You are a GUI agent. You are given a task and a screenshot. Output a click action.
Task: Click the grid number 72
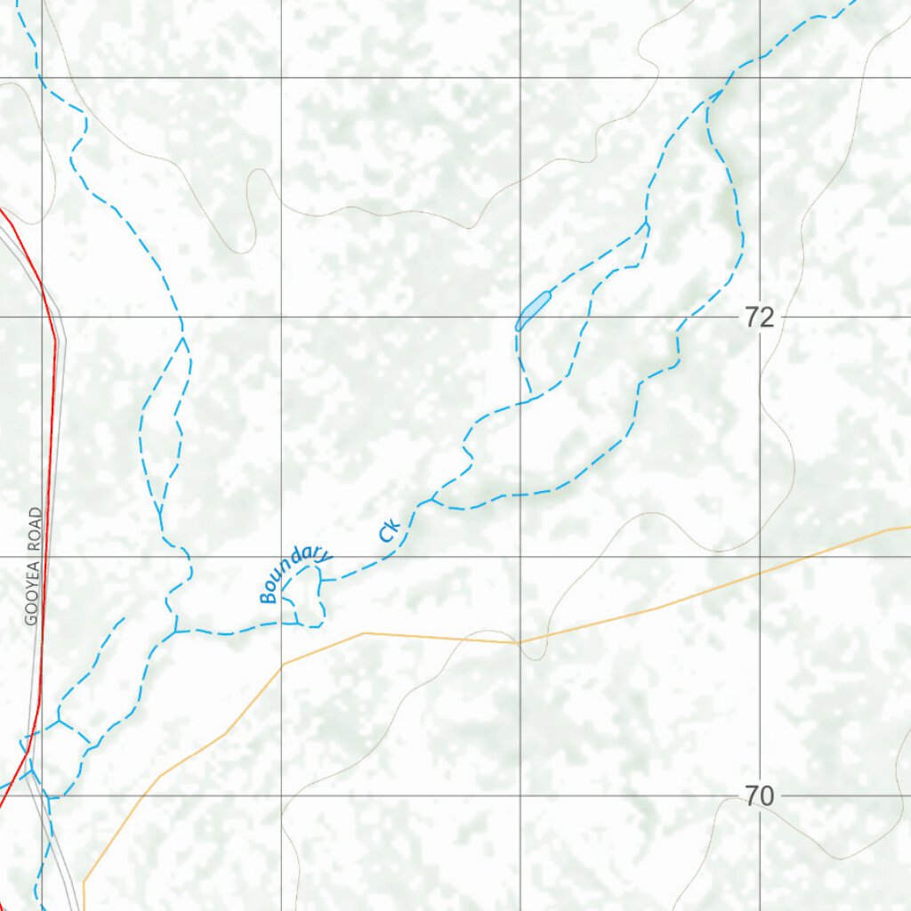(760, 318)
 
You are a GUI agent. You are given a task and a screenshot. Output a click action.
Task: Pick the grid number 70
(760, 797)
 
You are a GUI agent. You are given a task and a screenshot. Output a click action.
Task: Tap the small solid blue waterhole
(531, 310)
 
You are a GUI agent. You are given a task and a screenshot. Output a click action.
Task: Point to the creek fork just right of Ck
(431, 500)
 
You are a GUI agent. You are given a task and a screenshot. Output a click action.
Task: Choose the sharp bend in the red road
(55, 339)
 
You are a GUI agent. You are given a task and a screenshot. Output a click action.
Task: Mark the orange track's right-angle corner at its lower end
(84, 882)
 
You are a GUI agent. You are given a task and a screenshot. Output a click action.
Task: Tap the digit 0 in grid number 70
(766, 797)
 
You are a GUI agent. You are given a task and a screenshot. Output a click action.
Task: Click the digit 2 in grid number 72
(766, 318)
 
